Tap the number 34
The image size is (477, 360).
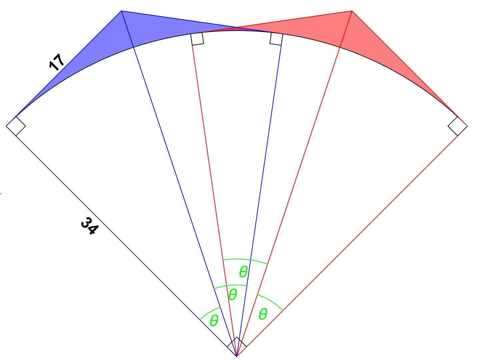point(90,226)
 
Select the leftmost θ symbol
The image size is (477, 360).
point(214,321)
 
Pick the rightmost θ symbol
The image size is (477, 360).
point(263,314)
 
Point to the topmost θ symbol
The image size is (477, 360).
point(244,272)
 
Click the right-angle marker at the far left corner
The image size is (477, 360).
point(16,126)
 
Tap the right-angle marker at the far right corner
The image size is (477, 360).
point(458,126)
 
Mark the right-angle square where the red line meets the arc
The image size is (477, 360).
point(197,39)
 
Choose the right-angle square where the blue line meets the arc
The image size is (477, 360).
point(276,39)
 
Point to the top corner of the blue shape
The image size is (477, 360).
point(121,11)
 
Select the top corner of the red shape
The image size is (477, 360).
point(352,11)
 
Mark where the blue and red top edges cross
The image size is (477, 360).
point(237,27)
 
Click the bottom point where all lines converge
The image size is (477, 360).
point(236,356)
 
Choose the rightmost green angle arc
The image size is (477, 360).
point(271,301)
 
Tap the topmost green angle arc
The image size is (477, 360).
point(245,259)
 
